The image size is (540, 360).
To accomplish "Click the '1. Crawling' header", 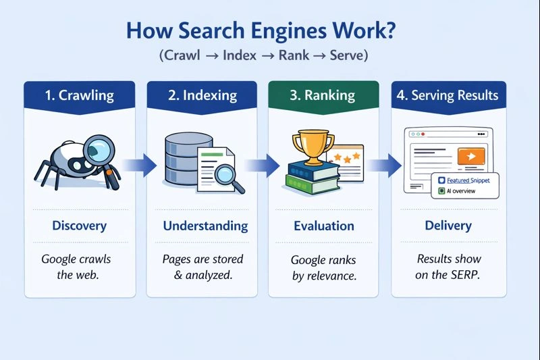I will tap(80, 95).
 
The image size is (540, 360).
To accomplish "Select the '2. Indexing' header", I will tap(201, 95).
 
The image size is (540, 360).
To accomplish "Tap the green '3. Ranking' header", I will tap(323, 95).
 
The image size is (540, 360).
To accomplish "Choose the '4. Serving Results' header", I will tap(448, 95).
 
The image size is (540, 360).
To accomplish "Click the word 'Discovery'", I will tap(80, 226).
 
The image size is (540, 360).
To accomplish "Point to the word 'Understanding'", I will tap(201, 226).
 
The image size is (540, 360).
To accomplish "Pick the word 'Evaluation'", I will tap(323, 226).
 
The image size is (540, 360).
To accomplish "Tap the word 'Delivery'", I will tap(448, 226).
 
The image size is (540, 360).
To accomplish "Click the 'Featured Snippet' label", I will tap(468, 180).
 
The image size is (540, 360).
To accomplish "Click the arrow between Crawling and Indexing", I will tap(144, 164).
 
